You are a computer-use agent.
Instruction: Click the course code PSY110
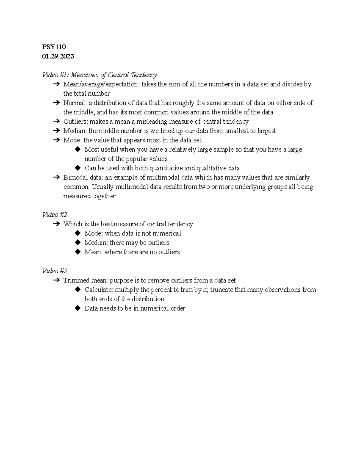[54, 47]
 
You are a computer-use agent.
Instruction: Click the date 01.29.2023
[58, 56]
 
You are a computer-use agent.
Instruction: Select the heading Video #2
[55, 215]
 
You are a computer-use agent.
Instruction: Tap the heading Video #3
[55, 271]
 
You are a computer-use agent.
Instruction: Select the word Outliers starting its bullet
[75, 122]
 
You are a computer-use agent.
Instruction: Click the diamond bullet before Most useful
[78, 149]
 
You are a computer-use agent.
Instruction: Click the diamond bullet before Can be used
[78, 168]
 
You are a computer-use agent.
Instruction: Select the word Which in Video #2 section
[73, 224]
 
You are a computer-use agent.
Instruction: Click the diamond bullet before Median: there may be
[78, 242]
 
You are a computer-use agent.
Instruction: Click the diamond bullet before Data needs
[78, 308]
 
